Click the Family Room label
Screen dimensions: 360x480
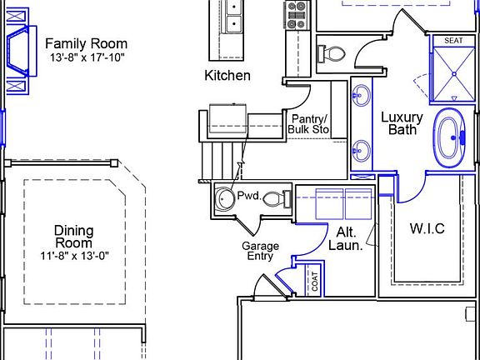(86, 43)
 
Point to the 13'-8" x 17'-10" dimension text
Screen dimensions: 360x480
(86, 57)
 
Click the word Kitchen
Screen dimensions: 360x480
(227, 76)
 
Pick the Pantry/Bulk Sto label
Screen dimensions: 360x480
(308, 124)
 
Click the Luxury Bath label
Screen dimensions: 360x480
(402, 123)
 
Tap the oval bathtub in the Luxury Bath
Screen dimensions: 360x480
(450, 137)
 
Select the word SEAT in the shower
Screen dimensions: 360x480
(453, 41)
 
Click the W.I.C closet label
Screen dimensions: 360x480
(427, 228)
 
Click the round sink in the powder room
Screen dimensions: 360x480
(224, 198)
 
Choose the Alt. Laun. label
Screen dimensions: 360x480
(349, 238)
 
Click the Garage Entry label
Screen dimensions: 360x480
(260, 252)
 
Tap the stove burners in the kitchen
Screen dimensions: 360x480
(297, 11)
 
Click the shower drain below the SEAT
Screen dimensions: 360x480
(452, 74)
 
